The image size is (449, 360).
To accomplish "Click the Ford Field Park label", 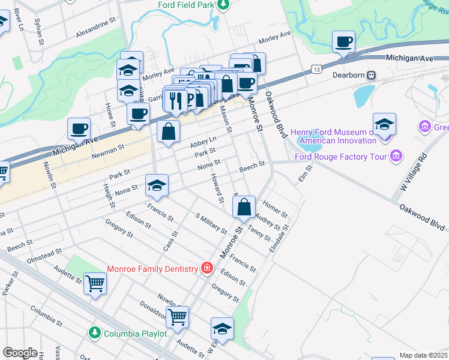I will pyautogui.click(x=185, y=5).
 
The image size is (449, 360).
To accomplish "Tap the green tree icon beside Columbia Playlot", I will pyautogui.click(x=94, y=332).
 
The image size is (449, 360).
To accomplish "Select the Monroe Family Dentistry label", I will pyautogui.click(x=152, y=269).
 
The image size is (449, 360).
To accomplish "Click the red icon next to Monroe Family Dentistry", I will pyautogui.click(x=206, y=268).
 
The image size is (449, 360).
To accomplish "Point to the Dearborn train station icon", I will pyautogui.click(x=372, y=76).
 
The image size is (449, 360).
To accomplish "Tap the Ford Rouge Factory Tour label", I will pyautogui.click(x=342, y=157).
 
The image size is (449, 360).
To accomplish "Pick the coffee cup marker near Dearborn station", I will pyautogui.click(x=344, y=43).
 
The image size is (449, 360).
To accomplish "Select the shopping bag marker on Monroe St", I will pyautogui.click(x=244, y=208).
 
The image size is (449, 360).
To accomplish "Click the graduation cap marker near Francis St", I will pyautogui.click(x=157, y=186).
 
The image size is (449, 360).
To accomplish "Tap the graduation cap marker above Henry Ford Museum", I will pyautogui.click(x=384, y=125).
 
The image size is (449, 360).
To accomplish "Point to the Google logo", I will pyautogui.click(x=20, y=353).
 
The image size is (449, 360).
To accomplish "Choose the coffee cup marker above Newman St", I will pyautogui.click(x=79, y=129).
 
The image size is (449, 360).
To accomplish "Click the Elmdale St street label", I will pyautogui.click(x=279, y=239).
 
